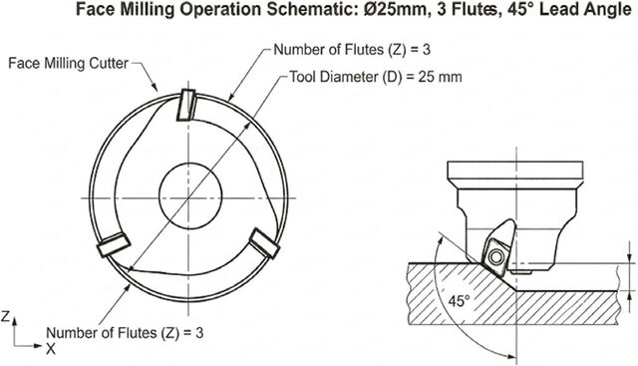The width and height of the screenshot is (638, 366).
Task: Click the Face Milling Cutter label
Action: point(69,64)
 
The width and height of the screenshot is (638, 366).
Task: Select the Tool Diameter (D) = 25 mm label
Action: point(376,77)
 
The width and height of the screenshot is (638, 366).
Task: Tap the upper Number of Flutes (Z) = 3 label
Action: point(352,50)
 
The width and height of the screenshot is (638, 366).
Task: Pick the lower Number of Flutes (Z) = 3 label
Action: point(125,333)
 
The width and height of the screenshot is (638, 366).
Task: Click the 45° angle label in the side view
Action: point(459,301)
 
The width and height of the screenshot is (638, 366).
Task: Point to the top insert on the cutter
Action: point(186,105)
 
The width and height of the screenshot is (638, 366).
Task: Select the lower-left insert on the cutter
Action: point(114,244)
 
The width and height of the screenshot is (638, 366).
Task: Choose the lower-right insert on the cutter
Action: point(264,243)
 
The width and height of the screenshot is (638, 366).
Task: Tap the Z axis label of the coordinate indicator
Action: point(5,317)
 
